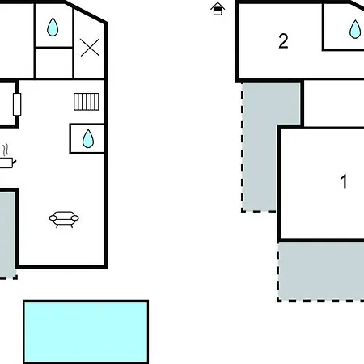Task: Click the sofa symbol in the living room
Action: (x=64, y=219)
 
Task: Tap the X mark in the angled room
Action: (x=90, y=48)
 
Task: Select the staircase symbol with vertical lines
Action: (x=87, y=102)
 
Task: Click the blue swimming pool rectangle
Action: (x=86, y=332)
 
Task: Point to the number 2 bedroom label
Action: (x=283, y=41)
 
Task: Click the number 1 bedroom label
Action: (x=344, y=181)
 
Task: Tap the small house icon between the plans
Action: (x=218, y=9)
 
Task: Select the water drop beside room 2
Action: (x=355, y=29)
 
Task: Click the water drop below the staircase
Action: (x=88, y=139)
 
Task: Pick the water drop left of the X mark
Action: (x=53, y=27)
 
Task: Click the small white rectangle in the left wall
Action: (x=17, y=104)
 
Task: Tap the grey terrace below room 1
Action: (x=321, y=271)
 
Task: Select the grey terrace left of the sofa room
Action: (x=7, y=235)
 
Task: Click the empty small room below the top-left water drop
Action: (x=54, y=63)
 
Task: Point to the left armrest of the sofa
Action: (x=53, y=218)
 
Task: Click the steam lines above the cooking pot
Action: (x=6, y=150)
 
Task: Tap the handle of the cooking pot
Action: (x=15, y=162)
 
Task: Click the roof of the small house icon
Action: (x=218, y=5)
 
